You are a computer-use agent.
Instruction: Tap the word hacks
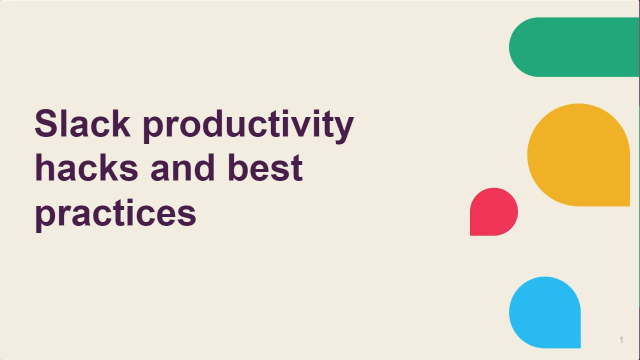point(84,169)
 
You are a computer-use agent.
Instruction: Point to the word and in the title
point(187,169)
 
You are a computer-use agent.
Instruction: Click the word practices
point(115,213)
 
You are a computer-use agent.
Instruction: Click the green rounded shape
point(574,47)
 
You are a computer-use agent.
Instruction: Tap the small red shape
point(494,211)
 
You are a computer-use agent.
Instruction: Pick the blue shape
point(545,311)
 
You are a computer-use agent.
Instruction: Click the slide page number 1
point(621,341)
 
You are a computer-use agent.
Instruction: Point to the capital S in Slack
point(47,125)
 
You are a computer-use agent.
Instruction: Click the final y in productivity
point(344,130)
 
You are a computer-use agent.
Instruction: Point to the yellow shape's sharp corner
point(627,204)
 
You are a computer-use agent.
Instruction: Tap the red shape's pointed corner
point(472,233)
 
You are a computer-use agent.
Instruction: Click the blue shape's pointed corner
point(579,344)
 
